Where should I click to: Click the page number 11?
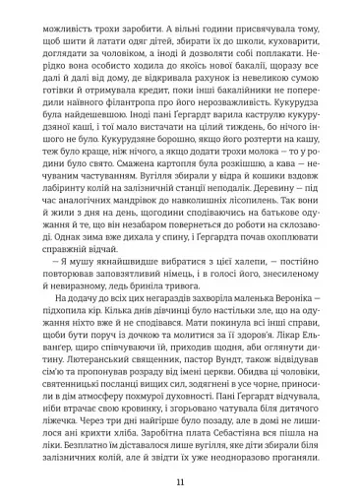tap(180, 481)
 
